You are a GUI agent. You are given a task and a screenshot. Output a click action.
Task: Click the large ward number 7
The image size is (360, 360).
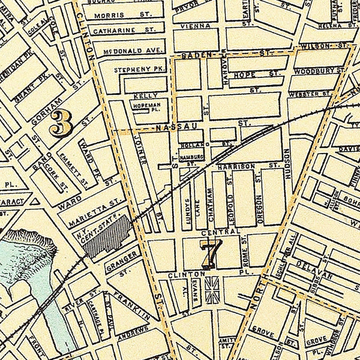211,253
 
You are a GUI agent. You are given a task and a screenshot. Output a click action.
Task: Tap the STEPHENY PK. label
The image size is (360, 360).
131,71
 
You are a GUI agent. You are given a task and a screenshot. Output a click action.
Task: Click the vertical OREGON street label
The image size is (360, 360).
260,209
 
